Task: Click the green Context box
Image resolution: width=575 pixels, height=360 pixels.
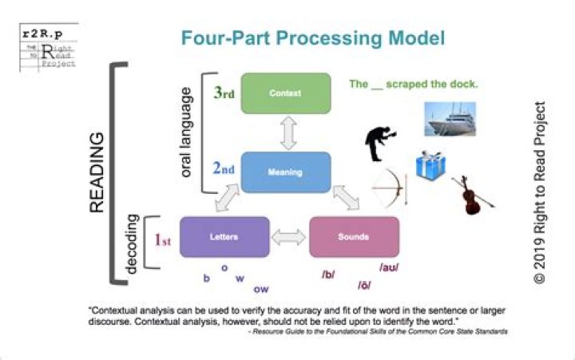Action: [x=285, y=93]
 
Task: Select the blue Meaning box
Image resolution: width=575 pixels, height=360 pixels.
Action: [x=285, y=170]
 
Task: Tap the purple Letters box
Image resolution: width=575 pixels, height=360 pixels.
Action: [x=224, y=236]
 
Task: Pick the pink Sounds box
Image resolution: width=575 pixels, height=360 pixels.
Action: [x=353, y=236]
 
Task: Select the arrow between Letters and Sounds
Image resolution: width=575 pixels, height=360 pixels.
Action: [x=288, y=237]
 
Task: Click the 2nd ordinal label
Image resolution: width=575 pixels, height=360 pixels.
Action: [x=224, y=169]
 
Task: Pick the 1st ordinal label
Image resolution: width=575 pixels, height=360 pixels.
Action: [x=163, y=237]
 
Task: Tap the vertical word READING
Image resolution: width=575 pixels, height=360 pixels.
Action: [x=97, y=172]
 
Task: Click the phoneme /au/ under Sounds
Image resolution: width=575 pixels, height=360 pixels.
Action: [x=388, y=267]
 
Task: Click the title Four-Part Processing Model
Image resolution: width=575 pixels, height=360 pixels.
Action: [x=312, y=38]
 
